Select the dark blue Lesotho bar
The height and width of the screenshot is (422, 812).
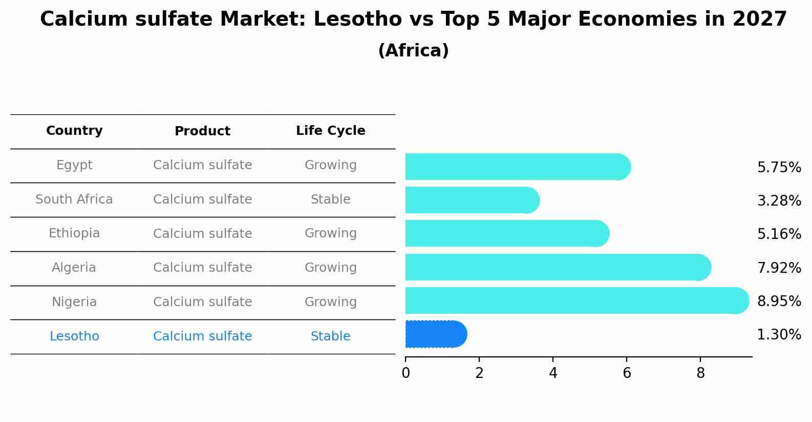[435, 334]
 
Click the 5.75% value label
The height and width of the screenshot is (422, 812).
[779, 168]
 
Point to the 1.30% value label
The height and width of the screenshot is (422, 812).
[779, 335]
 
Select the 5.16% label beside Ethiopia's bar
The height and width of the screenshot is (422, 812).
[779, 234]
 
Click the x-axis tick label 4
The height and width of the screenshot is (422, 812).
[553, 373]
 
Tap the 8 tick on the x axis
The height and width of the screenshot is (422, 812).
[700, 373]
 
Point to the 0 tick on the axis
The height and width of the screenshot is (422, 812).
[405, 373]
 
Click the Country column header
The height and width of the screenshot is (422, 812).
[74, 131]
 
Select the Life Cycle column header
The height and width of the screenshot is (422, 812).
[330, 131]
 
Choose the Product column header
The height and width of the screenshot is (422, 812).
[202, 131]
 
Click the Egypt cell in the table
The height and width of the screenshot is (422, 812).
[74, 165]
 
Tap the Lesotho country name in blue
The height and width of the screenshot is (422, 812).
[74, 336]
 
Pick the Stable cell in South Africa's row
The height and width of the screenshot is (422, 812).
[330, 199]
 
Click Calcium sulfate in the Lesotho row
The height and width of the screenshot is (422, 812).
[202, 336]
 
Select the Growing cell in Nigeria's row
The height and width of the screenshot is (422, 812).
[330, 302]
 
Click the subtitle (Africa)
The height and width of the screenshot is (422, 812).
[413, 51]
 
